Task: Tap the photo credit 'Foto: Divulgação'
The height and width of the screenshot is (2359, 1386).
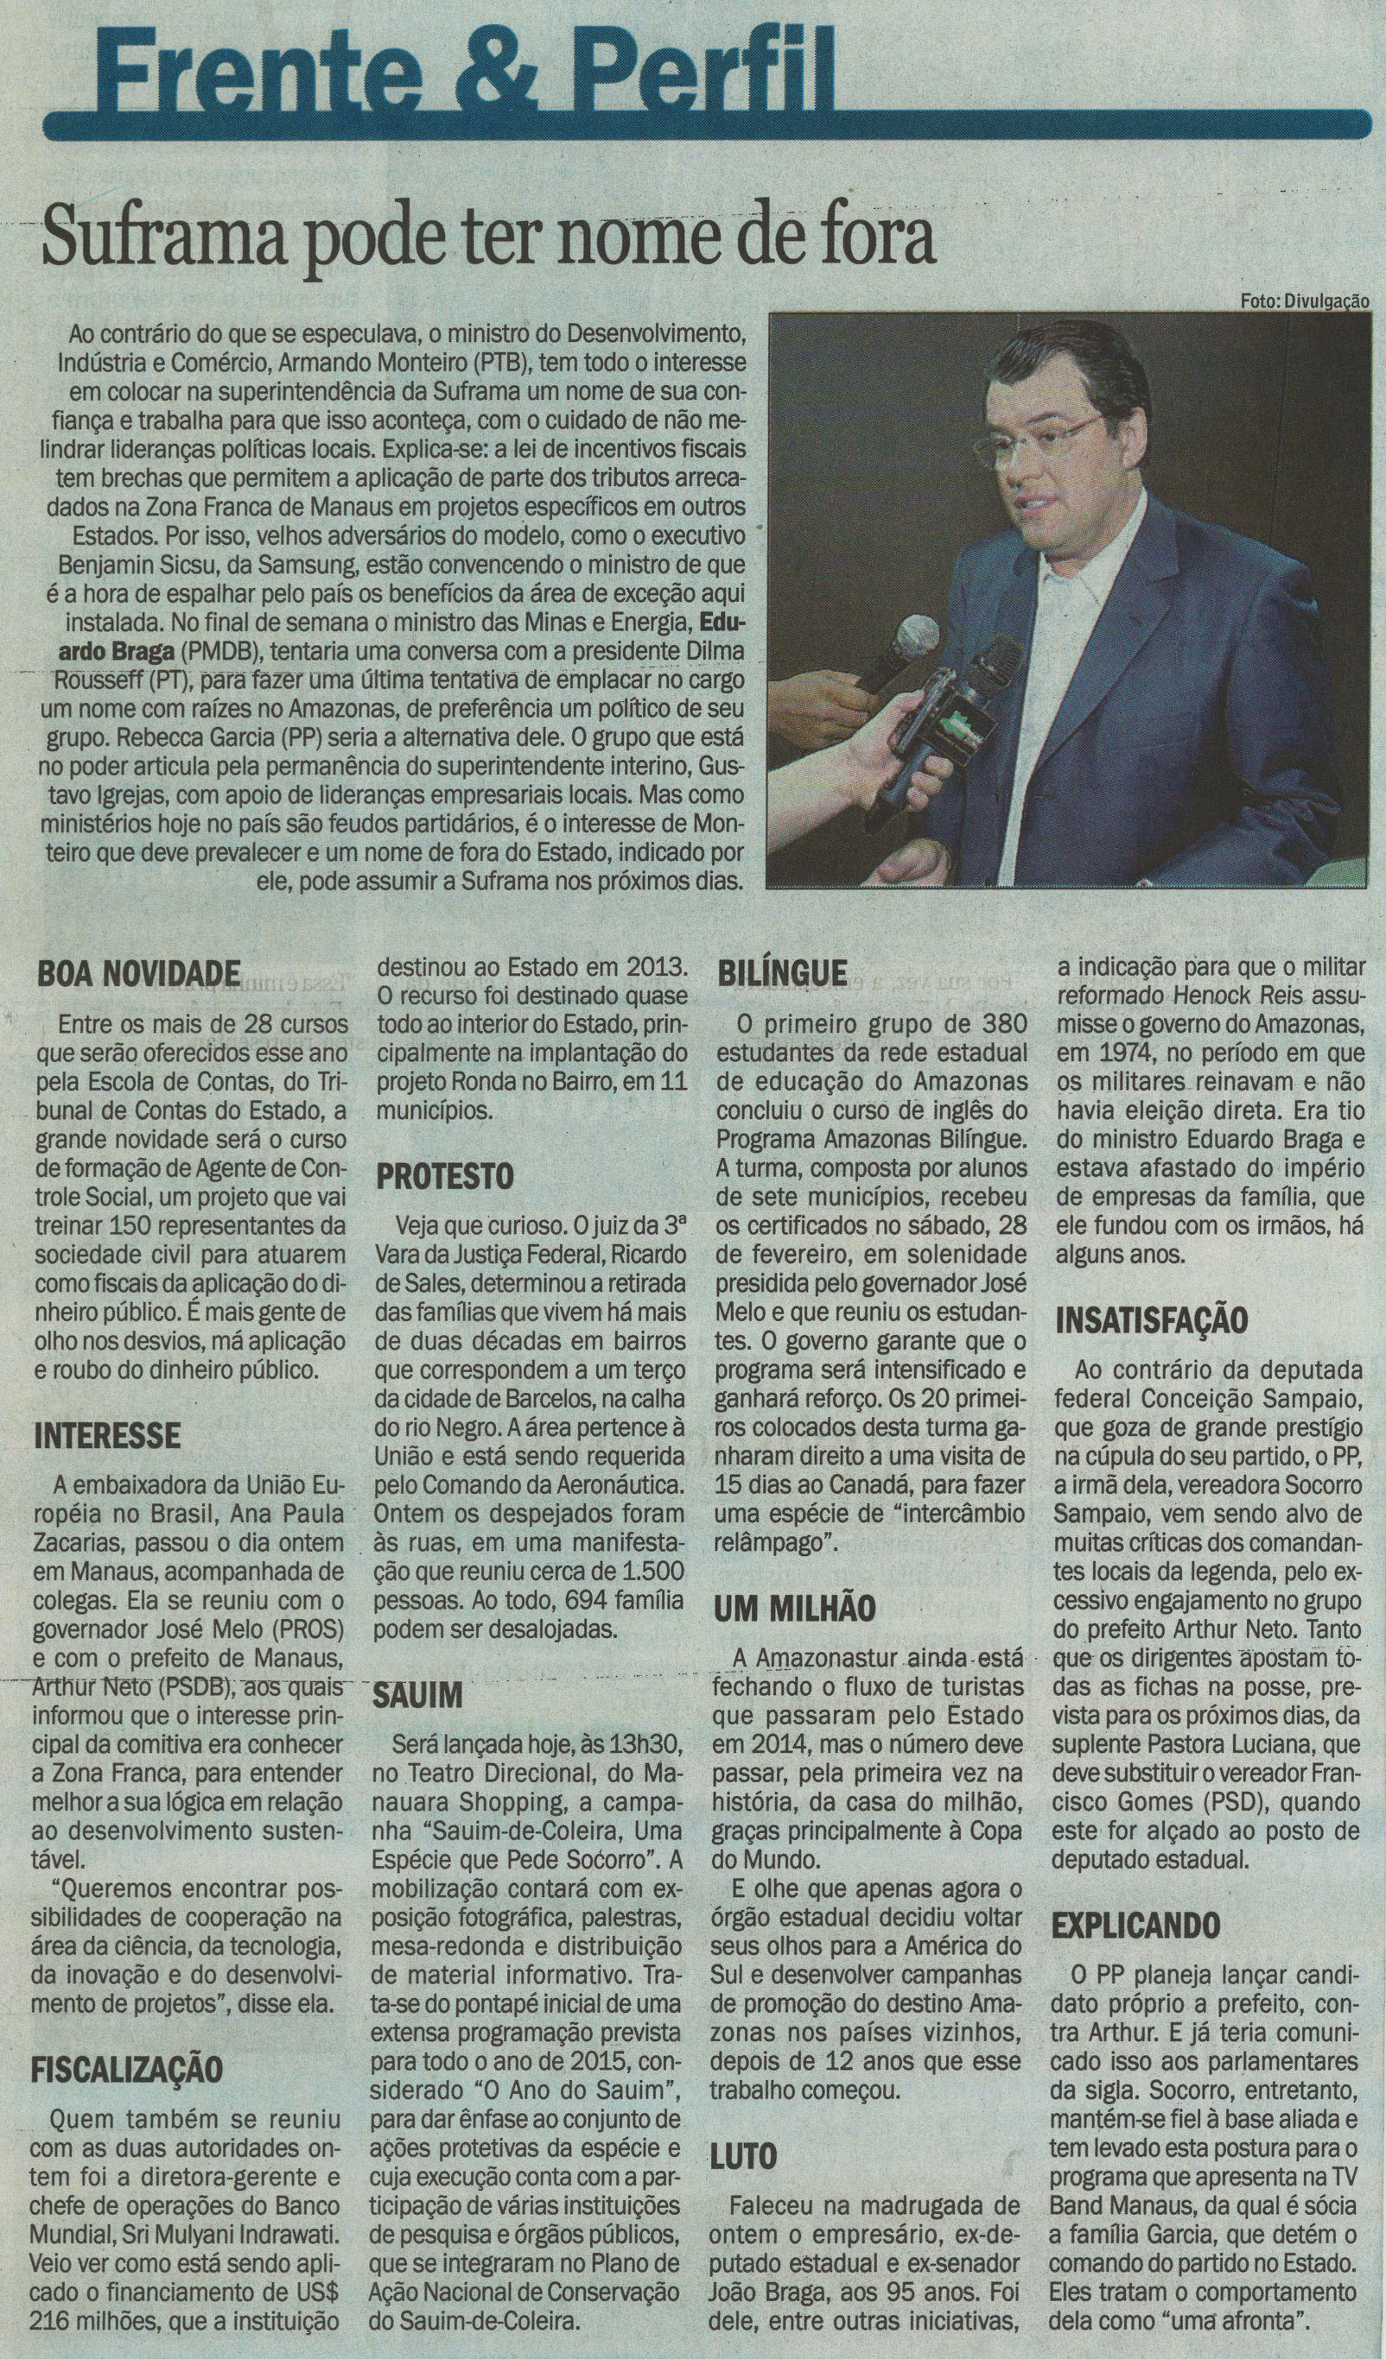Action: tap(1304, 301)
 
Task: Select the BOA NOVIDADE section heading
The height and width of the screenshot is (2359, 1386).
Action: tap(137, 973)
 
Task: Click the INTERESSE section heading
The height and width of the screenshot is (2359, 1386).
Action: tap(107, 1435)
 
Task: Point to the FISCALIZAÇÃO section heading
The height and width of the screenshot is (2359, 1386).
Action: tap(127, 2040)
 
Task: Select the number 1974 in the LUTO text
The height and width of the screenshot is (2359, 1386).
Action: tap(1084, 1053)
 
